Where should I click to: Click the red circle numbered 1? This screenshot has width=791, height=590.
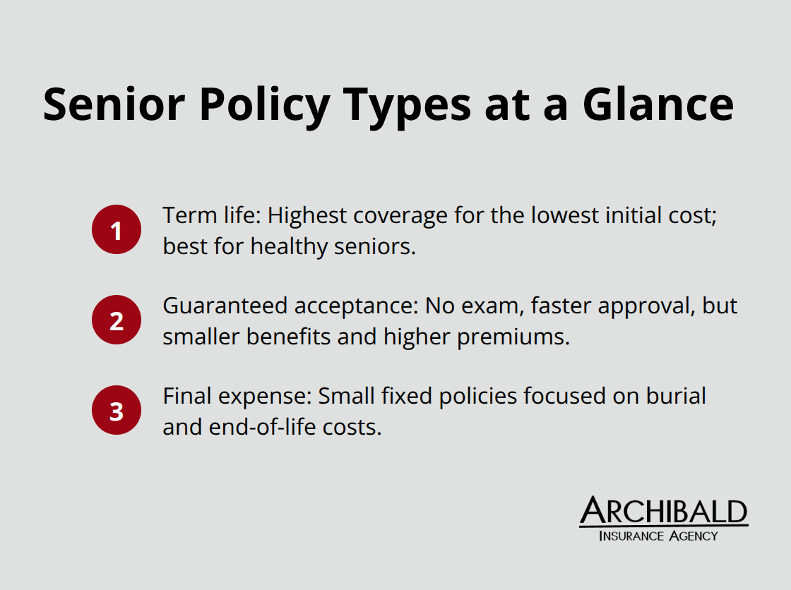[x=117, y=229]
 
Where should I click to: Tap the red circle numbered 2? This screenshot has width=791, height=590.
[x=117, y=320]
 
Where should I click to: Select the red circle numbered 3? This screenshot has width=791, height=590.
[x=117, y=410]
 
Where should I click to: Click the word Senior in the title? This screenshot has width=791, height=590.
[x=115, y=104]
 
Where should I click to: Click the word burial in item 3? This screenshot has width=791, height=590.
[x=676, y=397]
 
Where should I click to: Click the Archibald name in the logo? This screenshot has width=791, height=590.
[x=663, y=511]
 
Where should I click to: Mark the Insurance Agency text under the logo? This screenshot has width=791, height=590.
[x=658, y=536]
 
